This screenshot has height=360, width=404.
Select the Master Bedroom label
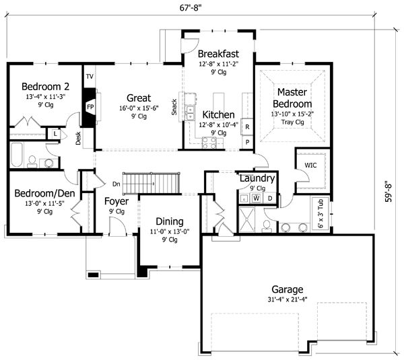pyautogui.click(x=293, y=98)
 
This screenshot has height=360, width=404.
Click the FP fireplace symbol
pyautogui.click(x=89, y=107)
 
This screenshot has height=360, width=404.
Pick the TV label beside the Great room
pyautogui.click(x=89, y=77)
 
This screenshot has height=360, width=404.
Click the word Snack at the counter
pyautogui.click(x=174, y=106)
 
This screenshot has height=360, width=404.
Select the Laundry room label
pyautogui.click(x=257, y=178)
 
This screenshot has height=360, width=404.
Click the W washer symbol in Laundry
pyautogui.click(x=256, y=199)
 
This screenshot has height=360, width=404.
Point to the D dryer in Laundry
pyautogui.click(x=270, y=198)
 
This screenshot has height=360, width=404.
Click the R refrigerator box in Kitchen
pyautogui.click(x=247, y=127)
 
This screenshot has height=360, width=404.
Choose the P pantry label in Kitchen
pyautogui.click(x=247, y=142)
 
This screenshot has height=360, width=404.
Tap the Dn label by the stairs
pyautogui.click(x=116, y=183)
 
